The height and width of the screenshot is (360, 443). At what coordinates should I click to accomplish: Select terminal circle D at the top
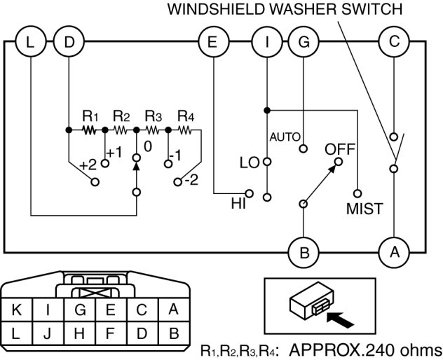pos(68,41)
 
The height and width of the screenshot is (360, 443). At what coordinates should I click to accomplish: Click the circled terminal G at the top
pos(304,41)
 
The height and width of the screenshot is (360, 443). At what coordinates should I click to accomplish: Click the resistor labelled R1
pos(88,130)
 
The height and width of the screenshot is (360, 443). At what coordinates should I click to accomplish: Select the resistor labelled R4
pos(185,130)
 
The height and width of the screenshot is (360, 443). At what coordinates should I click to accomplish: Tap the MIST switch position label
pos(364,209)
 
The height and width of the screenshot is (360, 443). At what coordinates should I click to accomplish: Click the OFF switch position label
pos(340,149)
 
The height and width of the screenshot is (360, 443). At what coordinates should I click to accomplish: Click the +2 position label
pos(88,165)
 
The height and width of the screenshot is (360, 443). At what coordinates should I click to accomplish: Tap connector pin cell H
pos(79,332)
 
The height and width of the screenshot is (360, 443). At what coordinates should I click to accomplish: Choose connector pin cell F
pos(110,332)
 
